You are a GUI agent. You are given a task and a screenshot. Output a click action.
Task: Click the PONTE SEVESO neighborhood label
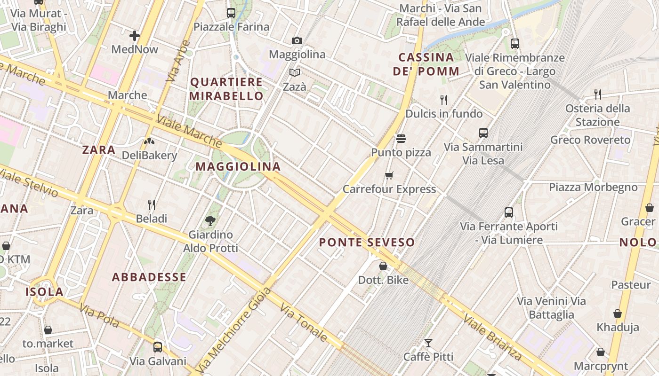(x=367, y=243)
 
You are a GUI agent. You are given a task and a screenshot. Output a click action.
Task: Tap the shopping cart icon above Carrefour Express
(x=389, y=176)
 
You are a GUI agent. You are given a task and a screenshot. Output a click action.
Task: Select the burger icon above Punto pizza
(x=401, y=139)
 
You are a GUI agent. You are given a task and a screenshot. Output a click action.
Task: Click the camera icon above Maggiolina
(x=297, y=41)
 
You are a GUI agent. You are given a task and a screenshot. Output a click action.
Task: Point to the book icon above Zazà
(x=295, y=73)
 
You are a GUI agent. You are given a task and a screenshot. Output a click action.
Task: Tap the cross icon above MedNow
(x=135, y=35)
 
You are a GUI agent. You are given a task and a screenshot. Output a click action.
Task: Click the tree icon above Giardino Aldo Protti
(x=210, y=220)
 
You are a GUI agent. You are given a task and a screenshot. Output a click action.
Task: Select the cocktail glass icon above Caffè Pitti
(x=428, y=343)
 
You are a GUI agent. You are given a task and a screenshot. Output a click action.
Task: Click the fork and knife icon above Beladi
(x=152, y=205)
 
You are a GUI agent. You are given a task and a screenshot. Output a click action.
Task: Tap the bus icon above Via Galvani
(x=158, y=347)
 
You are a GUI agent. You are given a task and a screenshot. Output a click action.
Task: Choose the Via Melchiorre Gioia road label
(x=233, y=329)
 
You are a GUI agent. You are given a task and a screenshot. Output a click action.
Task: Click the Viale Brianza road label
(x=492, y=337)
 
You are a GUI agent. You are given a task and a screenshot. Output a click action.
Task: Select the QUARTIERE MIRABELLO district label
(x=226, y=89)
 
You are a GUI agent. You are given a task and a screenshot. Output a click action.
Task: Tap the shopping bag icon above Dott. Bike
(x=383, y=266)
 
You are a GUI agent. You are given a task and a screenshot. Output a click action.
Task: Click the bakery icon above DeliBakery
(x=149, y=141)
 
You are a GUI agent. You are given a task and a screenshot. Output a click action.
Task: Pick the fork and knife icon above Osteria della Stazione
(x=598, y=94)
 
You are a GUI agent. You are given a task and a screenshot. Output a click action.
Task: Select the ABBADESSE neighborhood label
(x=149, y=277)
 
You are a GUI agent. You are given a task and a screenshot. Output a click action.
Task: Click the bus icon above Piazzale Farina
(x=231, y=13)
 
